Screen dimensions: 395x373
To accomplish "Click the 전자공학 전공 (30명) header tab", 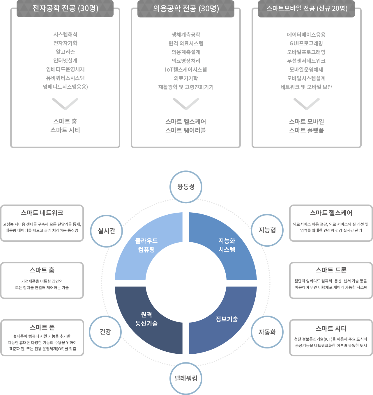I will click(65, 8).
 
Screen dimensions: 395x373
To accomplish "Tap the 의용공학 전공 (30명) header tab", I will click(186, 9).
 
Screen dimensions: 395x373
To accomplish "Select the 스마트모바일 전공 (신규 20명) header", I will click(307, 8).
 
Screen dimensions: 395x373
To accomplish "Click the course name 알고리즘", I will click(65, 52).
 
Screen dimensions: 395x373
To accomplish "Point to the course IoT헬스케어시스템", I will click(186, 70).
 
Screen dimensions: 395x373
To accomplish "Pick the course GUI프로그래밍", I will click(306, 43).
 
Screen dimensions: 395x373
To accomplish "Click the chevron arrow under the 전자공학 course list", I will click(65, 104).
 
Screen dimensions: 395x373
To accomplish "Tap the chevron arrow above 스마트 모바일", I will click(307, 104).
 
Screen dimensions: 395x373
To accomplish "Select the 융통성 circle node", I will click(186, 187).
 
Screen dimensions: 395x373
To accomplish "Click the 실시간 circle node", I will click(107, 231).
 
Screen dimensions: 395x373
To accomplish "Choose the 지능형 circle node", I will click(267, 230).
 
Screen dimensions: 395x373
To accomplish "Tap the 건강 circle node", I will click(105, 332).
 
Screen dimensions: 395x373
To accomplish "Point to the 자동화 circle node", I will click(267, 332).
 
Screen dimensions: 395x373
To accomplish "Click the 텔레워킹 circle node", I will click(186, 378).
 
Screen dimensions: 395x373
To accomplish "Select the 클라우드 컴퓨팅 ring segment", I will click(146, 245).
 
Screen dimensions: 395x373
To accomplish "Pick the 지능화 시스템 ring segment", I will click(227, 245).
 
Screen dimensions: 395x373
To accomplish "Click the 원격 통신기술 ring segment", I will click(146, 319).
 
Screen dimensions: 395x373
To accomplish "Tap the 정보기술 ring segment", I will click(227, 319).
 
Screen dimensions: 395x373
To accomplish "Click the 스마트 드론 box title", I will click(331, 270).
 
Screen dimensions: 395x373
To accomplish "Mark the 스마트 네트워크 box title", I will click(42, 213).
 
